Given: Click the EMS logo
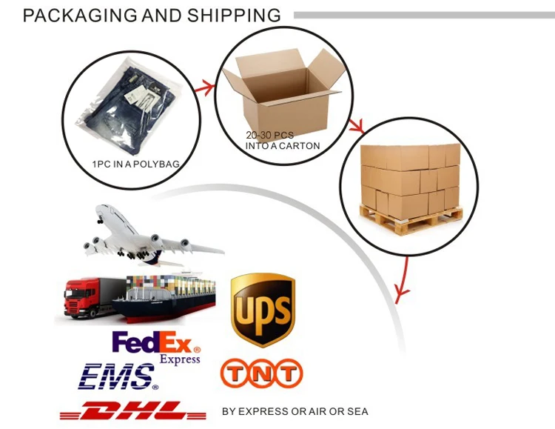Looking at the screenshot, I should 118,376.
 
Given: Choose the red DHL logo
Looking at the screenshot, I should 134,410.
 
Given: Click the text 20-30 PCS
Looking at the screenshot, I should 269,136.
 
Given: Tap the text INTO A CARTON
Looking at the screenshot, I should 283,146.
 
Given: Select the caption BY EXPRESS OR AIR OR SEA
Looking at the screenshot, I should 295,411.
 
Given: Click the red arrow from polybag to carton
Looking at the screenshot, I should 203,88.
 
